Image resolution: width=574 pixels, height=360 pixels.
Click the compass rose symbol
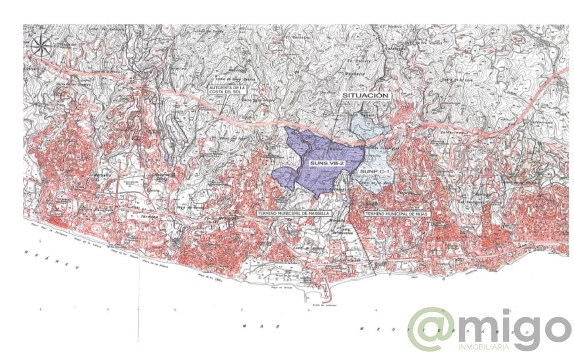tap(42, 46)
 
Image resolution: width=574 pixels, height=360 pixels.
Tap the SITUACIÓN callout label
tap(365, 95)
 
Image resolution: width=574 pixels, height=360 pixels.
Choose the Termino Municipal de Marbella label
tap(293, 213)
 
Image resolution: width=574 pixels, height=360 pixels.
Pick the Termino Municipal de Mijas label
tap(397, 213)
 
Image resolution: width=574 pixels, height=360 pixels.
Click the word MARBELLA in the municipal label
tap(318, 213)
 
